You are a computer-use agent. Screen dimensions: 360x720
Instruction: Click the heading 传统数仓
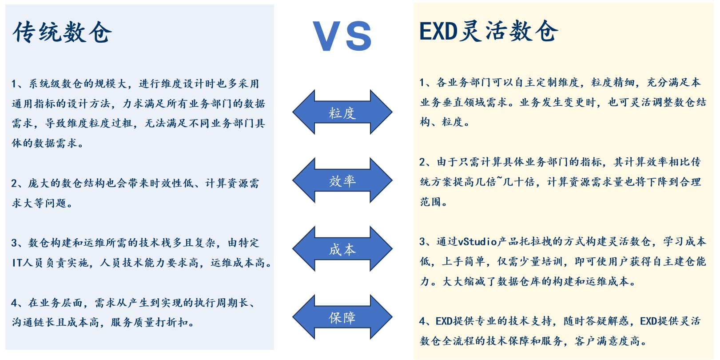(62, 32)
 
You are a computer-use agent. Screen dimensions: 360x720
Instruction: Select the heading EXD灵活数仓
(488, 32)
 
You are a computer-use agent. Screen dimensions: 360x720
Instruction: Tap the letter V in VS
(326, 36)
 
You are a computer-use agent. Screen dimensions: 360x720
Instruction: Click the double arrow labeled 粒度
(342, 112)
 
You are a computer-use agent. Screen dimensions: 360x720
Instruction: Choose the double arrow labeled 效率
(342, 180)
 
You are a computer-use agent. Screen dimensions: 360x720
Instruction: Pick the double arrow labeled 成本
(342, 249)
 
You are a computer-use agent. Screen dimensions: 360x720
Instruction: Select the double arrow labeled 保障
(342, 317)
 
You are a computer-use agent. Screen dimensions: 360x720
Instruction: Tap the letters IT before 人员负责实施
(17, 263)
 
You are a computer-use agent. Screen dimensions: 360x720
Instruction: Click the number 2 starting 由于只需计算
(422, 162)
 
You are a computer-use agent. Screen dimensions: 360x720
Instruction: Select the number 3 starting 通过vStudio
(422, 242)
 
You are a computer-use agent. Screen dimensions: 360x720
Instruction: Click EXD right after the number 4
(444, 321)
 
